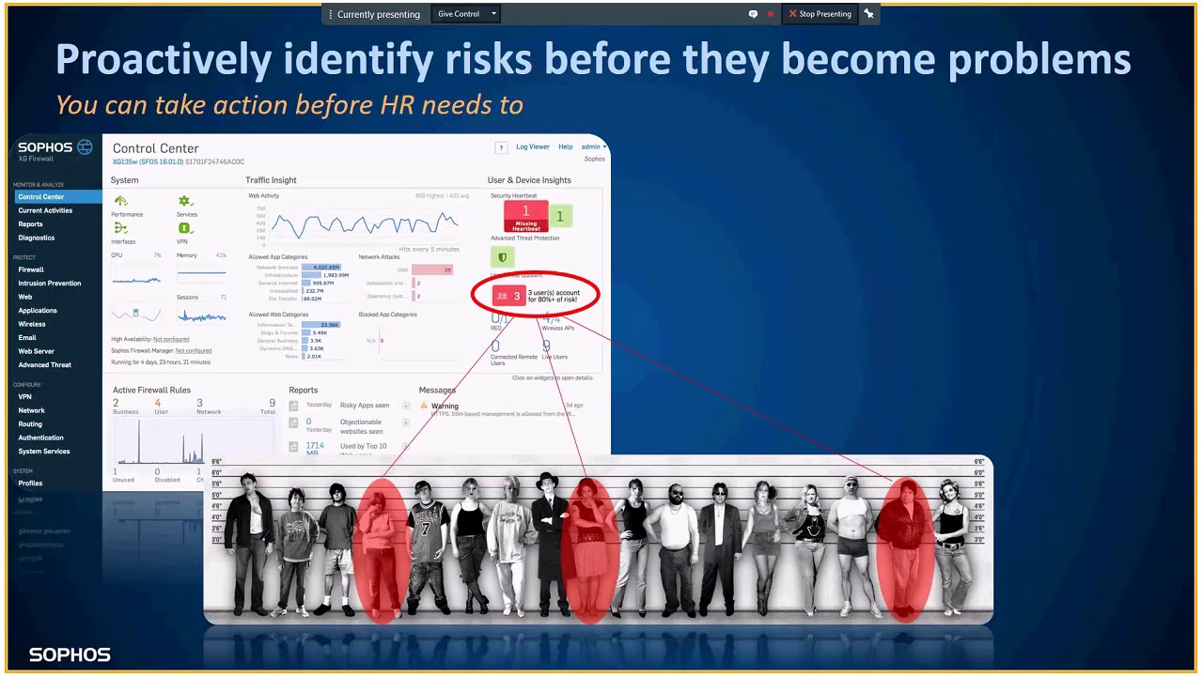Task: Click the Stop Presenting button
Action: coord(820,14)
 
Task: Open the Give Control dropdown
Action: coord(466,14)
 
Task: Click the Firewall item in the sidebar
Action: coord(31,269)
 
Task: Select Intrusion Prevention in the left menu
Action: coord(50,283)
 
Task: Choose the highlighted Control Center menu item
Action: coord(41,197)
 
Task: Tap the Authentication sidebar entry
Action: coord(41,438)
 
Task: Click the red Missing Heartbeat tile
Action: coord(525,217)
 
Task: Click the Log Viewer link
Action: coord(533,146)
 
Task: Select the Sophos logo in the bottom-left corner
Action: coord(70,654)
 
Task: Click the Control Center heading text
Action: coord(155,148)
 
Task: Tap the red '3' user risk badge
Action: coord(508,296)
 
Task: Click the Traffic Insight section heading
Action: coord(271,180)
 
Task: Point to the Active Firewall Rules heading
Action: coord(151,390)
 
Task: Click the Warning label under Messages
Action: coord(445,407)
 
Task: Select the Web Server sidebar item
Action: coord(37,351)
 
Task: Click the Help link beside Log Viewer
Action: coord(565,146)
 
